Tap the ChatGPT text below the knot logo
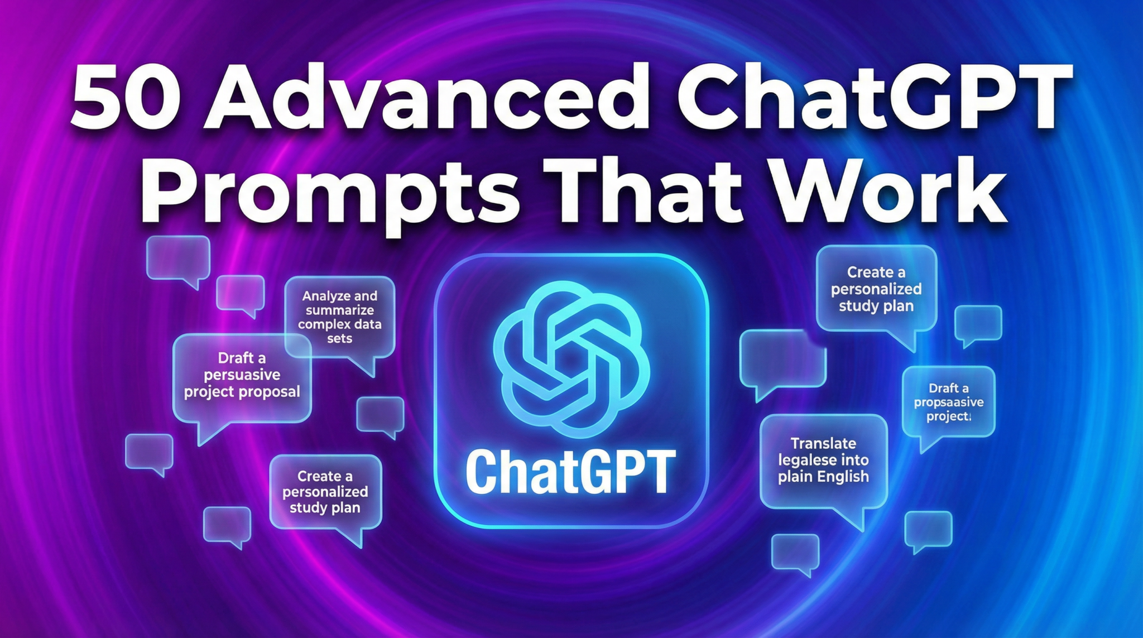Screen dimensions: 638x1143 tap(570, 472)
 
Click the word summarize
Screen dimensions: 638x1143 tap(339, 310)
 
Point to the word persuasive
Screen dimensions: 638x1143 tap(242, 375)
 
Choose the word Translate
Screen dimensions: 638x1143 tap(823, 444)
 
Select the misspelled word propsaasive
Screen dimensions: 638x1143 tap(948, 402)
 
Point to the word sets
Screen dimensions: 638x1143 tap(339, 338)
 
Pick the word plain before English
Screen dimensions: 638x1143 tap(795, 477)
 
